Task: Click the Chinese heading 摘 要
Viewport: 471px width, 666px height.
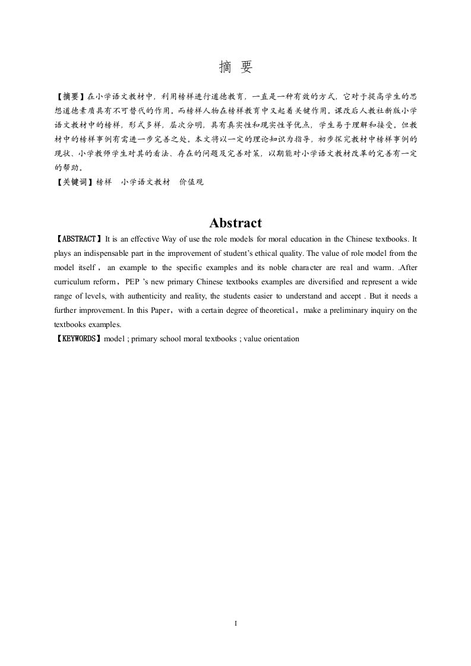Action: (235, 68)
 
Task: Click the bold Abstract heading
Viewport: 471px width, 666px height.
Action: (235, 223)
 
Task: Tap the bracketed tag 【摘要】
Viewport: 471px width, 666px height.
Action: (70, 96)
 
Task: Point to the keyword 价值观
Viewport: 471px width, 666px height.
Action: (191, 183)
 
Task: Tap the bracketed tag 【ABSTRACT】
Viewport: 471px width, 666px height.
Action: (78, 239)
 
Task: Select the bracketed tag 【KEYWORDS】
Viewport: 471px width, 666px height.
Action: (78, 339)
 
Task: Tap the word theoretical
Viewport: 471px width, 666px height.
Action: (277, 310)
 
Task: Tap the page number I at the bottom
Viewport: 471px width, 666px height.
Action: (236, 624)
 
